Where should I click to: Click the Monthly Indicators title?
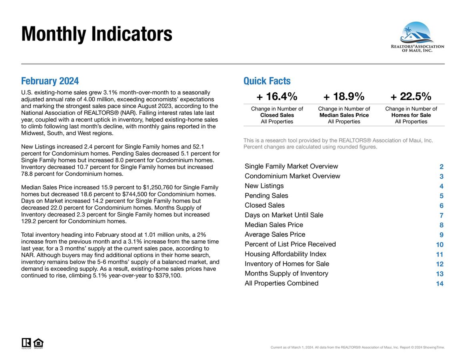[96, 34]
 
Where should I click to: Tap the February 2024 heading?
[50, 81]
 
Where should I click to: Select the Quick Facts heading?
[267, 81]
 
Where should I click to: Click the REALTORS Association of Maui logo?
[417, 37]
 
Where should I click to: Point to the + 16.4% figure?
[277, 96]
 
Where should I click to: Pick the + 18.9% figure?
[344, 96]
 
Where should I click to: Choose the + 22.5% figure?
[411, 96]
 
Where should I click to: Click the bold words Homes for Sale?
[411, 115]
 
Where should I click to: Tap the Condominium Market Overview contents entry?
[292, 176]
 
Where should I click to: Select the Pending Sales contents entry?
[266, 196]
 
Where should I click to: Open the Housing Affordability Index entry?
[285, 254]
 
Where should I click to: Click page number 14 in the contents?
[440, 284]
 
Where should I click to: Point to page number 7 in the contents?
[441, 215]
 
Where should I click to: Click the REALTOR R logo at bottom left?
[26, 343]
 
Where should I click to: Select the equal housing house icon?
[38, 343]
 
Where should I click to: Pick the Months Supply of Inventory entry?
[286, 274]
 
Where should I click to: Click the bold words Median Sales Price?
[344, 115]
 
